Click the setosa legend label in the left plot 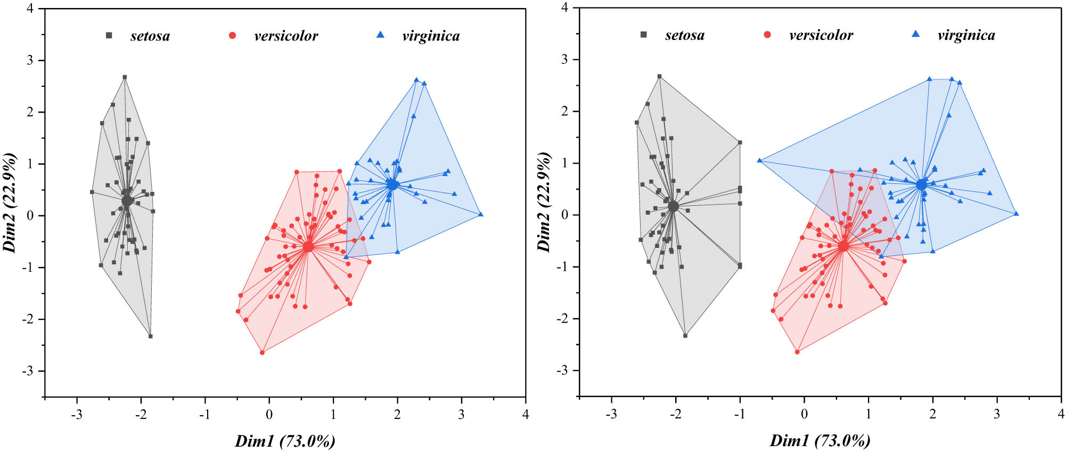[x=150, y=36]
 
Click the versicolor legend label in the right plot [x=821, y=35]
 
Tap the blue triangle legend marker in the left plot [x=380, y=35]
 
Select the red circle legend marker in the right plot [x=767, y=35]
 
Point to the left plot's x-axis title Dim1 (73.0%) [x=285, y=441]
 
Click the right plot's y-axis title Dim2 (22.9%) [x=544, y=201]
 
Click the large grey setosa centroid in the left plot [x=127, y=201]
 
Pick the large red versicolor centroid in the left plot [x=308, y=247]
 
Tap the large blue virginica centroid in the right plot [x=922, y=184]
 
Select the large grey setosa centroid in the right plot [x=674, y=206]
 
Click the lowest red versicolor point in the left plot [x=262, y=352]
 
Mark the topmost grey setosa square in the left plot [x=125, y=77]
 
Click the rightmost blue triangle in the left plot [x=481, y=214]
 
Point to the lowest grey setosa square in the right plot [x=685, y=335]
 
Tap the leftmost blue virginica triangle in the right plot [x=759, y=160]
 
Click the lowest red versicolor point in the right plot [x=797, y=352]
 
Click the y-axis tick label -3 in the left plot [x=27, y=371]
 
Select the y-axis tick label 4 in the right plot [x=564, y=8]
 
